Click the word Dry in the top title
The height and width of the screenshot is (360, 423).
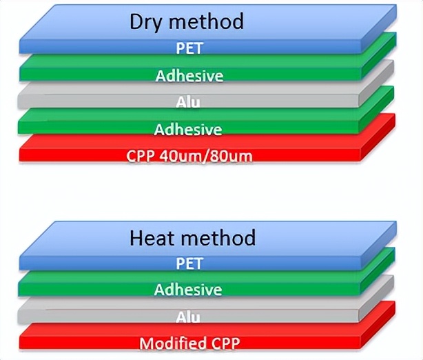pyautogui.click(x=145, y=22)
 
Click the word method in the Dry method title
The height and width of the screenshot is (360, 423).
pyautogui.click(x=206, y=21)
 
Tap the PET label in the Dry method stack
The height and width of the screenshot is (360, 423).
pyautogui.click(x=189, y=48)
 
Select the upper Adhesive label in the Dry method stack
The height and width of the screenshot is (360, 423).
pyautogui.click(x=189, y=76)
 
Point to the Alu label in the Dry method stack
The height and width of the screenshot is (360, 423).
pyautogui.click(x=188, y=102)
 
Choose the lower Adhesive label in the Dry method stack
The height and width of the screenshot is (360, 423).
pyautogui.click(x=188, y=130)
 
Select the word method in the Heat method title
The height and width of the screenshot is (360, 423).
pyautogui.click(x=218, y=238)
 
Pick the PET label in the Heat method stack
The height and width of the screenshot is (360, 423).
pyautogui.click(x=189, y=263)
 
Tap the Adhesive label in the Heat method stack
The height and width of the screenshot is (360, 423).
pyautogui.click(x=188, y=290)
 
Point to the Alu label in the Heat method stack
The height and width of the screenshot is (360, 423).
pyautogui.click(x=188, y=317)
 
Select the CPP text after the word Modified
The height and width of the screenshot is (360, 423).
pyautogui.click(x=226, y=343)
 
